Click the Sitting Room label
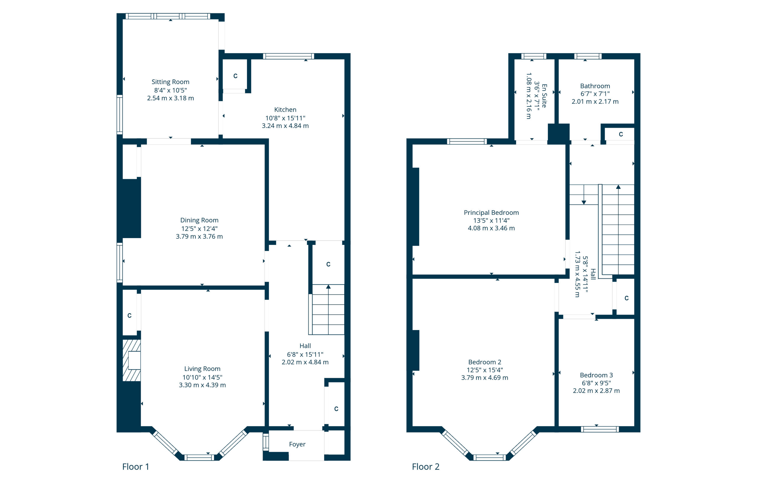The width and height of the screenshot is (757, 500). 170,82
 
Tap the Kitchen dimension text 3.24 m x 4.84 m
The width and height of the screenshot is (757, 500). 285,126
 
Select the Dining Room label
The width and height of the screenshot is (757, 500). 199,220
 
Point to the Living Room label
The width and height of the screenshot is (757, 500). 202,369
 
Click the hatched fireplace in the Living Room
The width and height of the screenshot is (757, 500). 131,360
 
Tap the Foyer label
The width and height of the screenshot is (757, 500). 297,444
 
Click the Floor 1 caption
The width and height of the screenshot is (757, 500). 135,467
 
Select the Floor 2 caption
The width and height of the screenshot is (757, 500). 426,467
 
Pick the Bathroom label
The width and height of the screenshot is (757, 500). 595,86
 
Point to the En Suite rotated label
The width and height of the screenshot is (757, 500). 544,96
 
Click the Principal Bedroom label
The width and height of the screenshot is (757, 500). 491,213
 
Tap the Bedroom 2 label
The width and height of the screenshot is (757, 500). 485,362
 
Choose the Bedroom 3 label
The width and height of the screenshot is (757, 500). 596,375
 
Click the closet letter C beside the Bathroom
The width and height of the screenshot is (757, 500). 621,134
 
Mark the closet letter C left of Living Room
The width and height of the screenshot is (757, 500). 130,315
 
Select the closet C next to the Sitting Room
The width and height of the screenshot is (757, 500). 235,76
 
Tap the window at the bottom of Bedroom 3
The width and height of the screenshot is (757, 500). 599,429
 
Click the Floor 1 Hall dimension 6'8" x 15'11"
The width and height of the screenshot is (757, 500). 305,355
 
